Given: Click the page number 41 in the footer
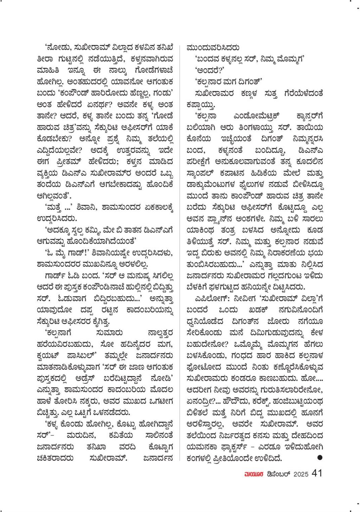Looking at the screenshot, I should [x=317, y=473].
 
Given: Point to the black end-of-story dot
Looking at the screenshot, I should [x=320, y=457].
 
